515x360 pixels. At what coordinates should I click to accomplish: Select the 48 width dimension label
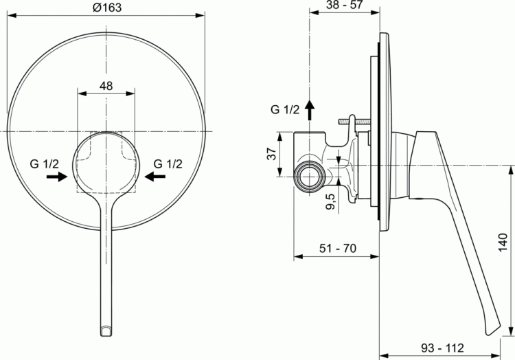click(x=106, y=87)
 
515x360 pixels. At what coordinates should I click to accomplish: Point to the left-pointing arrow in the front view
click(x=155, y=177)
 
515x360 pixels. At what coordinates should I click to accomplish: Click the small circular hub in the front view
click(x=106, y=164)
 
